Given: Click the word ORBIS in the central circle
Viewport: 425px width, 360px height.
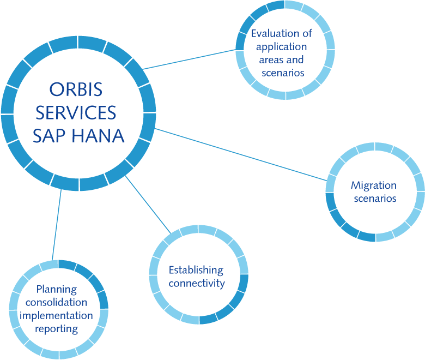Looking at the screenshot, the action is (x=76, y=89).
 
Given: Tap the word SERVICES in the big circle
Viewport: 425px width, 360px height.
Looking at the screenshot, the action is (x=76, y=112).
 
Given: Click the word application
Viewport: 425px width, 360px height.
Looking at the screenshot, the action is (x=282, y=47).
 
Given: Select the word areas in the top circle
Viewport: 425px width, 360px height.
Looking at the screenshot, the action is (x=269, y=60).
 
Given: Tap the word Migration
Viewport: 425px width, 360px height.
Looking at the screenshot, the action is (x=374, y=186).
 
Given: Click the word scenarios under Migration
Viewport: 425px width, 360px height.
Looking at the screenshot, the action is (x=375, y=199).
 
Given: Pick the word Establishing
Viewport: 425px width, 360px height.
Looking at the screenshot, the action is (x=196, y=271).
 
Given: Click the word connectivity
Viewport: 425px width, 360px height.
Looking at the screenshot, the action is (x=197, y=284).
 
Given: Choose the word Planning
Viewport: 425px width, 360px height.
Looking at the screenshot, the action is (x=57, y=290).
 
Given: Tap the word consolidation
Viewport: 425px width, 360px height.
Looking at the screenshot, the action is (x=56, y=302).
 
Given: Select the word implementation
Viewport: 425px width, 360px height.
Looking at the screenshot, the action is (x=56, y=316).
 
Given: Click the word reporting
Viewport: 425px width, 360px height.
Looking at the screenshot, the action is (x=57, y=329).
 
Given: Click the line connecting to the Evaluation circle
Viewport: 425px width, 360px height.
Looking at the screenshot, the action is (x=189, y=59).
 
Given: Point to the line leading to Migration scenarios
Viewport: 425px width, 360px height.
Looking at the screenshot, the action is (x=241, y=154).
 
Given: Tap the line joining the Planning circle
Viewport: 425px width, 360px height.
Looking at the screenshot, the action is (x=57, y=225).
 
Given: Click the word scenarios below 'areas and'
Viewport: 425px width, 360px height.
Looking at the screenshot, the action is (x=283, y=73).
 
